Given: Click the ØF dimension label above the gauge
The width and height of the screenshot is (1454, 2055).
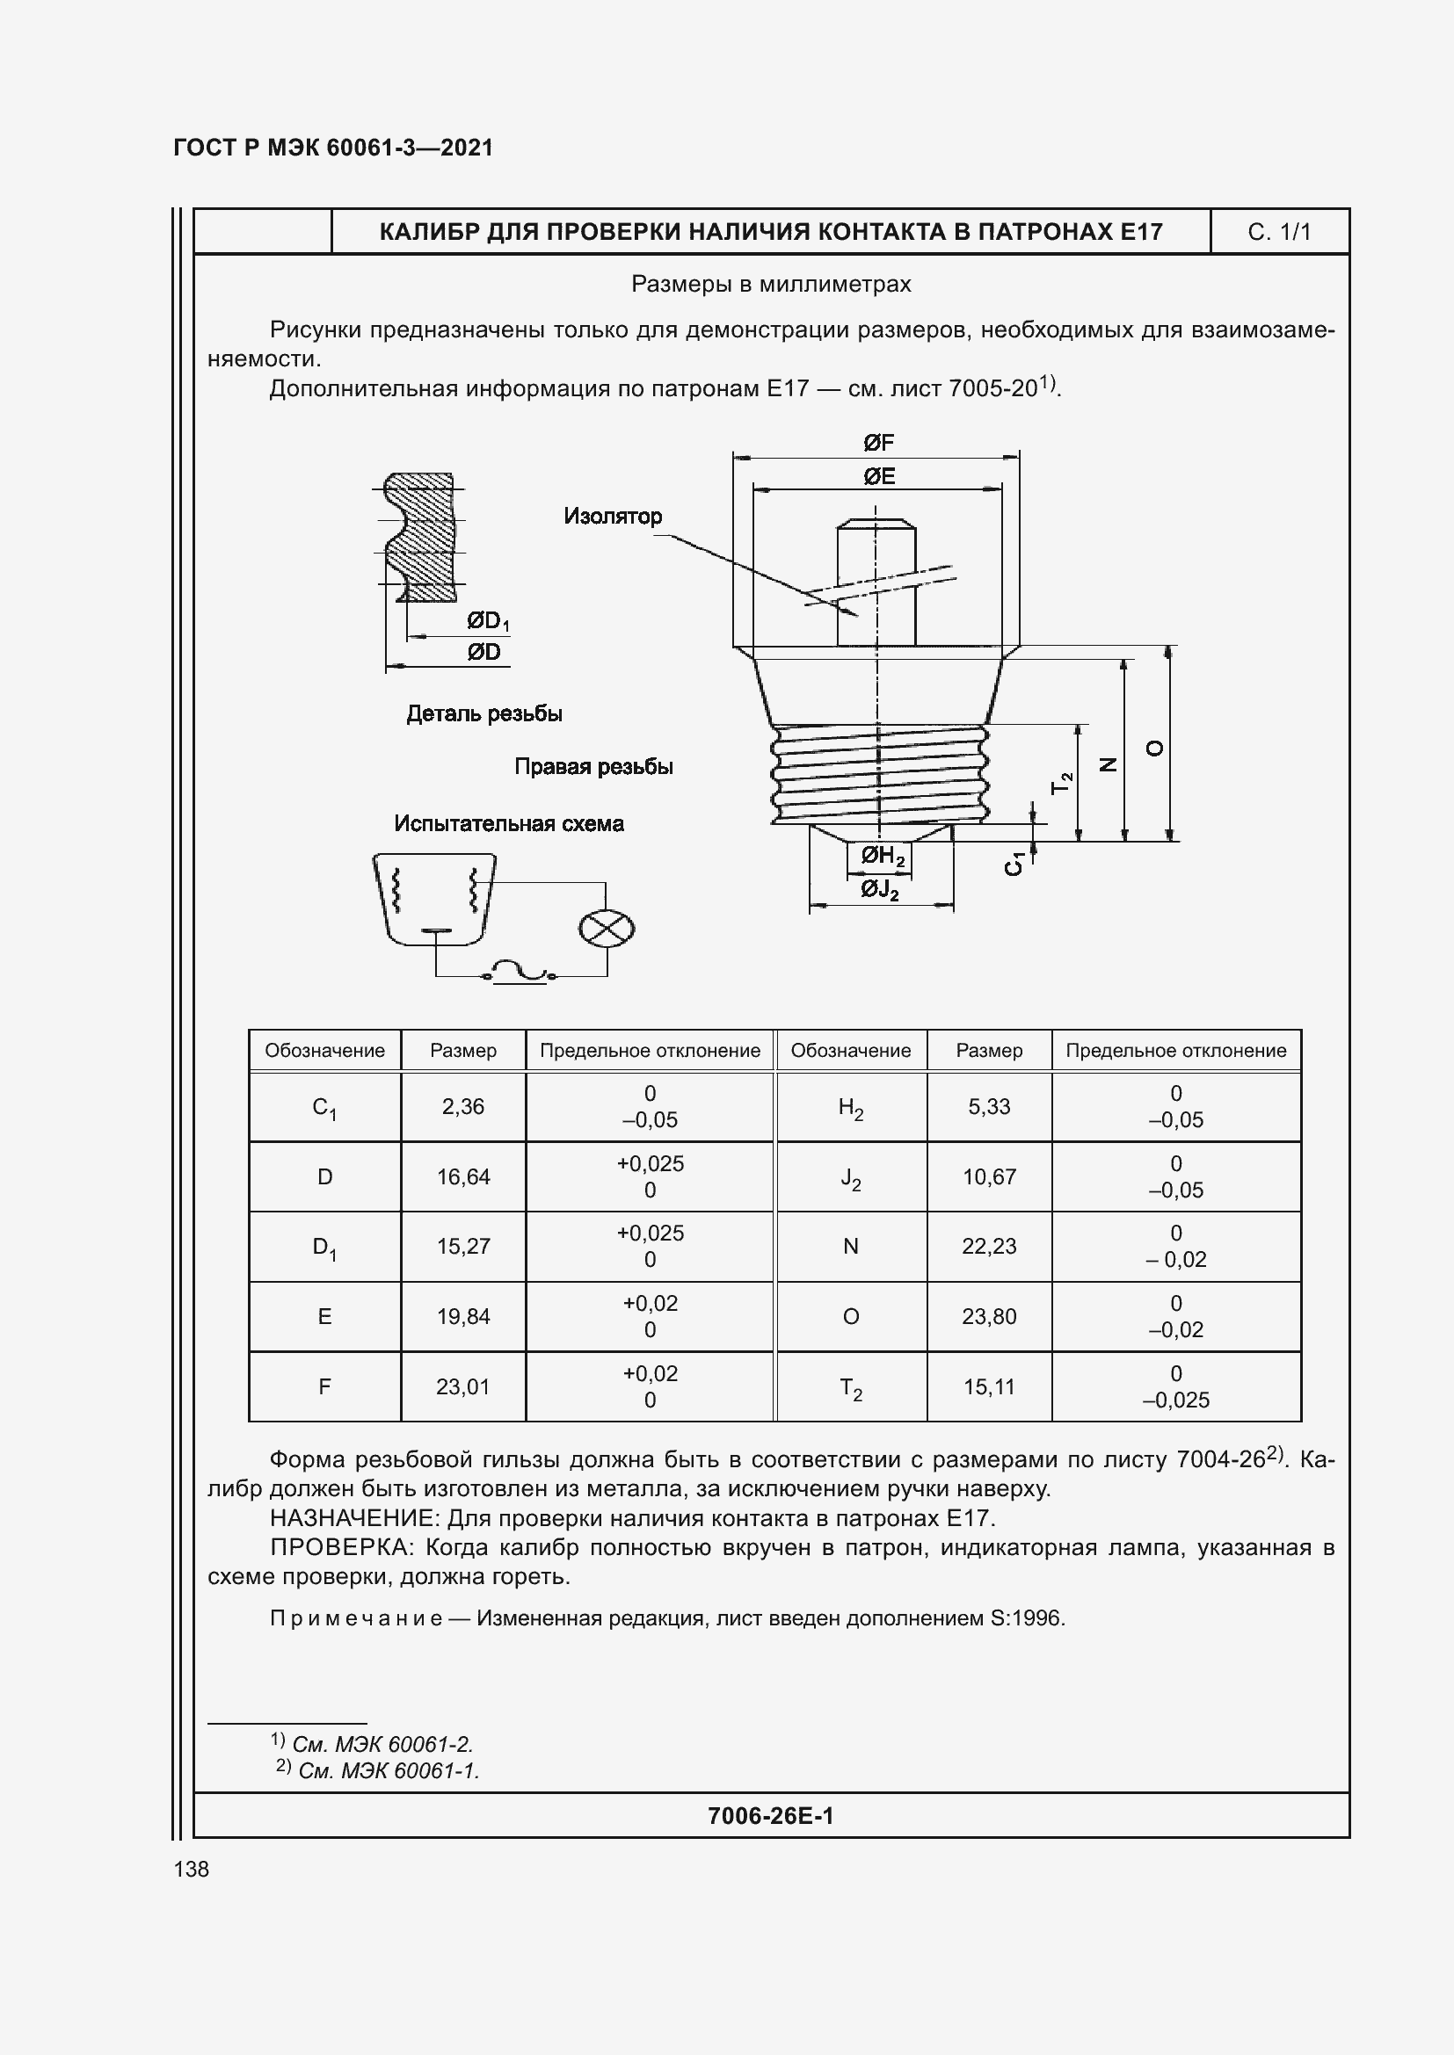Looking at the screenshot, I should click(878, 443).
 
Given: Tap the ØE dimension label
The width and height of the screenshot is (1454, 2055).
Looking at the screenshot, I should click(878, 476).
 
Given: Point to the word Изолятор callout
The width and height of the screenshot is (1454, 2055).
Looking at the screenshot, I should click(614, 517).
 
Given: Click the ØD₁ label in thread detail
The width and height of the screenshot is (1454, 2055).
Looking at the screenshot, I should click(487, 621).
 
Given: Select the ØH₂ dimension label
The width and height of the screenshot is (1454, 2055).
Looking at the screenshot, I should click(883, 857).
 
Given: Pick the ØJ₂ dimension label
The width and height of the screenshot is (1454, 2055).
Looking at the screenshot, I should click(879, 890).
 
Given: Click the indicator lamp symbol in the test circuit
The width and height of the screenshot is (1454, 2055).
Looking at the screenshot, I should click(607, 928).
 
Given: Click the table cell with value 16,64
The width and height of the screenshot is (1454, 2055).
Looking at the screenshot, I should click(463, 1177).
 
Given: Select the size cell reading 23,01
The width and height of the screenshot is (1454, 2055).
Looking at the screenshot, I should click(463, 1386).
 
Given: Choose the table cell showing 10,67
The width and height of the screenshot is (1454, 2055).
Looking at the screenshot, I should click(988, 1177).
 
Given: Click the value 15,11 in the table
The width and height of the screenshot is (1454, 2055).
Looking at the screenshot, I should click(988, 1386).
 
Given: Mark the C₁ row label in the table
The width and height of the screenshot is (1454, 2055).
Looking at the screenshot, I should click(324, 1108).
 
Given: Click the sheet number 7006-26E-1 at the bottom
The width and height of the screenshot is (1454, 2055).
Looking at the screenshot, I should click(770, 1815).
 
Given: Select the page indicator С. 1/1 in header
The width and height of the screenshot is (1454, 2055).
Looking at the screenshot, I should click(1278, 233).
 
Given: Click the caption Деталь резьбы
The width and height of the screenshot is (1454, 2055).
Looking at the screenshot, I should click(484, 714).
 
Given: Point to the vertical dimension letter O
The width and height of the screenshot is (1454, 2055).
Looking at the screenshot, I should click(1156, 749).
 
